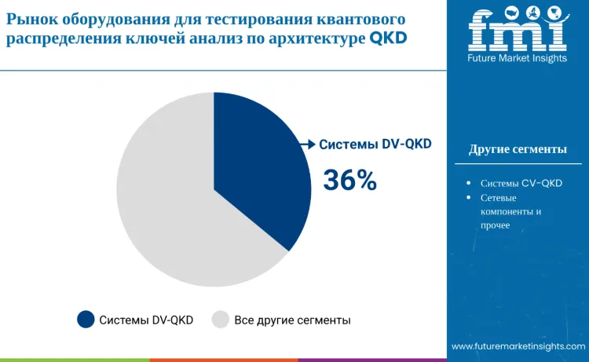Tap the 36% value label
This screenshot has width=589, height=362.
pos(350,181)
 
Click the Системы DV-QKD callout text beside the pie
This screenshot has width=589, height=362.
pos(375,144)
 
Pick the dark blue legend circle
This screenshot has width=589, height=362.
pos(86,320)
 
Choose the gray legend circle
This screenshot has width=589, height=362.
pos(221,320)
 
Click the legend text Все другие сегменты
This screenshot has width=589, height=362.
pos(292,320)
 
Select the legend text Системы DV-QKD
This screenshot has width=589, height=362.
pos(146,320)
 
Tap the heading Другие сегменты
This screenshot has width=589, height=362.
pos(518,149)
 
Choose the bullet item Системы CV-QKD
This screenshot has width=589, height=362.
pos(521,183)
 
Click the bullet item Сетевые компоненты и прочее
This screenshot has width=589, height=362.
pos(510,211)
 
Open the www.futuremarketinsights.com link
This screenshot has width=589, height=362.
pos(518,346)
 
